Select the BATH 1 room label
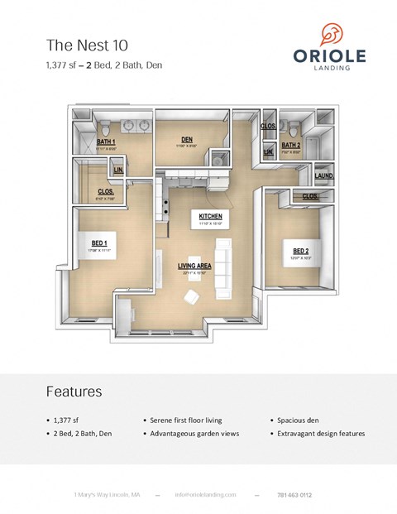coord(107,142)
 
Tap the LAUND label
coord(323,175)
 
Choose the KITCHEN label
coord(210,216)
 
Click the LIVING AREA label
coord(195,266)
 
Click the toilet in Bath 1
coord(108,127)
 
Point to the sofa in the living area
coord(223,269)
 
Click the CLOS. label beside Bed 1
coord(106,191)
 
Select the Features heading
coord(74,391)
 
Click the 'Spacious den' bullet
coord(295,420)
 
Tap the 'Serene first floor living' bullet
coord(187,420)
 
